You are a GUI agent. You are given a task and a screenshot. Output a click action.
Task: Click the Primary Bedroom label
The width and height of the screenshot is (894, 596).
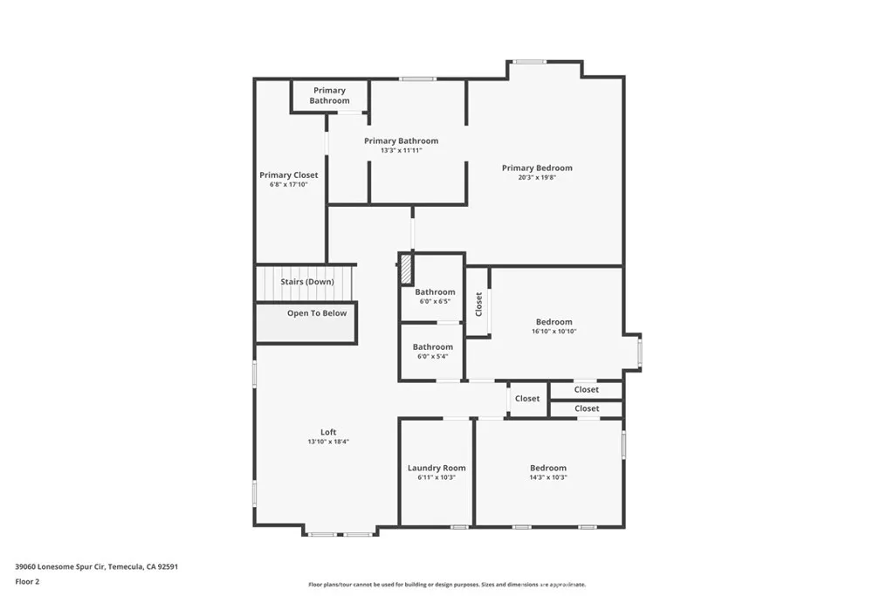point(537,168)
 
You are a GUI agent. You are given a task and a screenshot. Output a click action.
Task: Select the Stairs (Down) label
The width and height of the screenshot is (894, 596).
point(306,282)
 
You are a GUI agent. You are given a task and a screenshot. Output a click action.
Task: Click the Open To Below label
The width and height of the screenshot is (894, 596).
point(317,313)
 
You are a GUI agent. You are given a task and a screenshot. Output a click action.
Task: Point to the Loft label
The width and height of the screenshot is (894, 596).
point(328,432)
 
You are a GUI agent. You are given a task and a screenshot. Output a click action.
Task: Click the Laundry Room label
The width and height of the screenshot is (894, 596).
point(437,468)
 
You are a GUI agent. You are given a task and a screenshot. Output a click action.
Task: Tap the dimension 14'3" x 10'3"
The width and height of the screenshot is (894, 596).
point(548,477)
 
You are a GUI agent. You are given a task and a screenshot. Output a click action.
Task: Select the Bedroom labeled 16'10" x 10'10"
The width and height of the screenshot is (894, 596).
point(554,322)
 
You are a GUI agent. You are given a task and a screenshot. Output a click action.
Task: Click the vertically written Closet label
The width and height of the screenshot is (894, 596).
point(478,304)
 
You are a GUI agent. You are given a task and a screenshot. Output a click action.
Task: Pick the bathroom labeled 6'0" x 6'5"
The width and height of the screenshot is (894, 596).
point(435,292)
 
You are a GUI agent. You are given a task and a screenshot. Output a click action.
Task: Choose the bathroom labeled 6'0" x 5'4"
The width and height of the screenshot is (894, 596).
point(433,346)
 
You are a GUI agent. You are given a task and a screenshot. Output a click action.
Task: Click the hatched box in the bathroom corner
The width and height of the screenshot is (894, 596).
point(406,271)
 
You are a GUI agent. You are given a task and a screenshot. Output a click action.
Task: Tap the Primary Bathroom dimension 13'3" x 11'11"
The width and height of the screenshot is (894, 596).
point(402,150)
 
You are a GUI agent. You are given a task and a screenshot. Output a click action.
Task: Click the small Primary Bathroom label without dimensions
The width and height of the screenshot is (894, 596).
point(329,95)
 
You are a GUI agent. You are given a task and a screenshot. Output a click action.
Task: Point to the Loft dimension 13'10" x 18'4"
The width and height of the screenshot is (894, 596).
point(328,442)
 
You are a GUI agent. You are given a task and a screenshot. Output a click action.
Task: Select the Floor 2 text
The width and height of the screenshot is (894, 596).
point(27,580)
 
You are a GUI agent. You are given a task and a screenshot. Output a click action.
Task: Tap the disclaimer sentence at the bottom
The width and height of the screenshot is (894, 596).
point(447,585)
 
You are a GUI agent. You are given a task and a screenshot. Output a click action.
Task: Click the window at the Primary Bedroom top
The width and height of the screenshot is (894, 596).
point(528,61)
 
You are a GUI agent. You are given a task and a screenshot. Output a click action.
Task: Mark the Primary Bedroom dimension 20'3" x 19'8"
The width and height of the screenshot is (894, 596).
point(537,177)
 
